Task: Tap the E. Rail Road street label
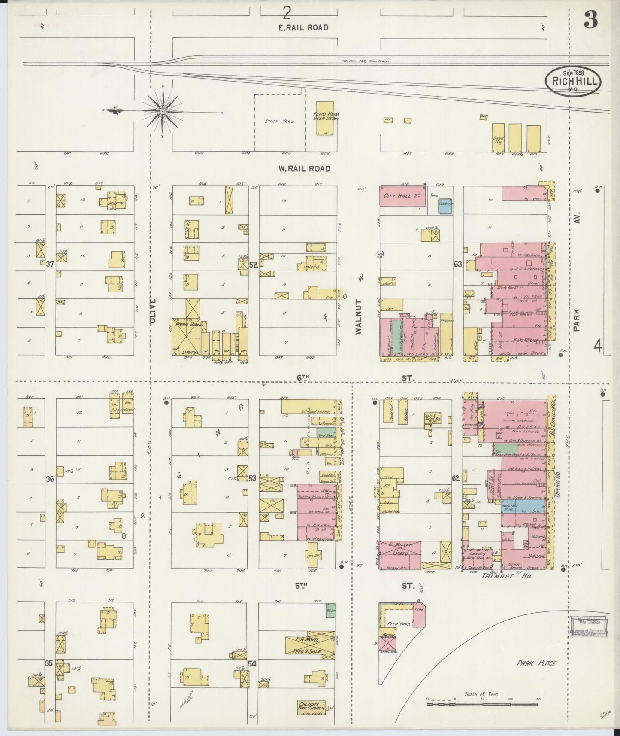coord(303,27)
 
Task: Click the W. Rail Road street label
coord(304,169)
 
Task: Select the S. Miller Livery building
coord(400,555)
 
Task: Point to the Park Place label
coord(536,663)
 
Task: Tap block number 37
coord(50,265)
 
